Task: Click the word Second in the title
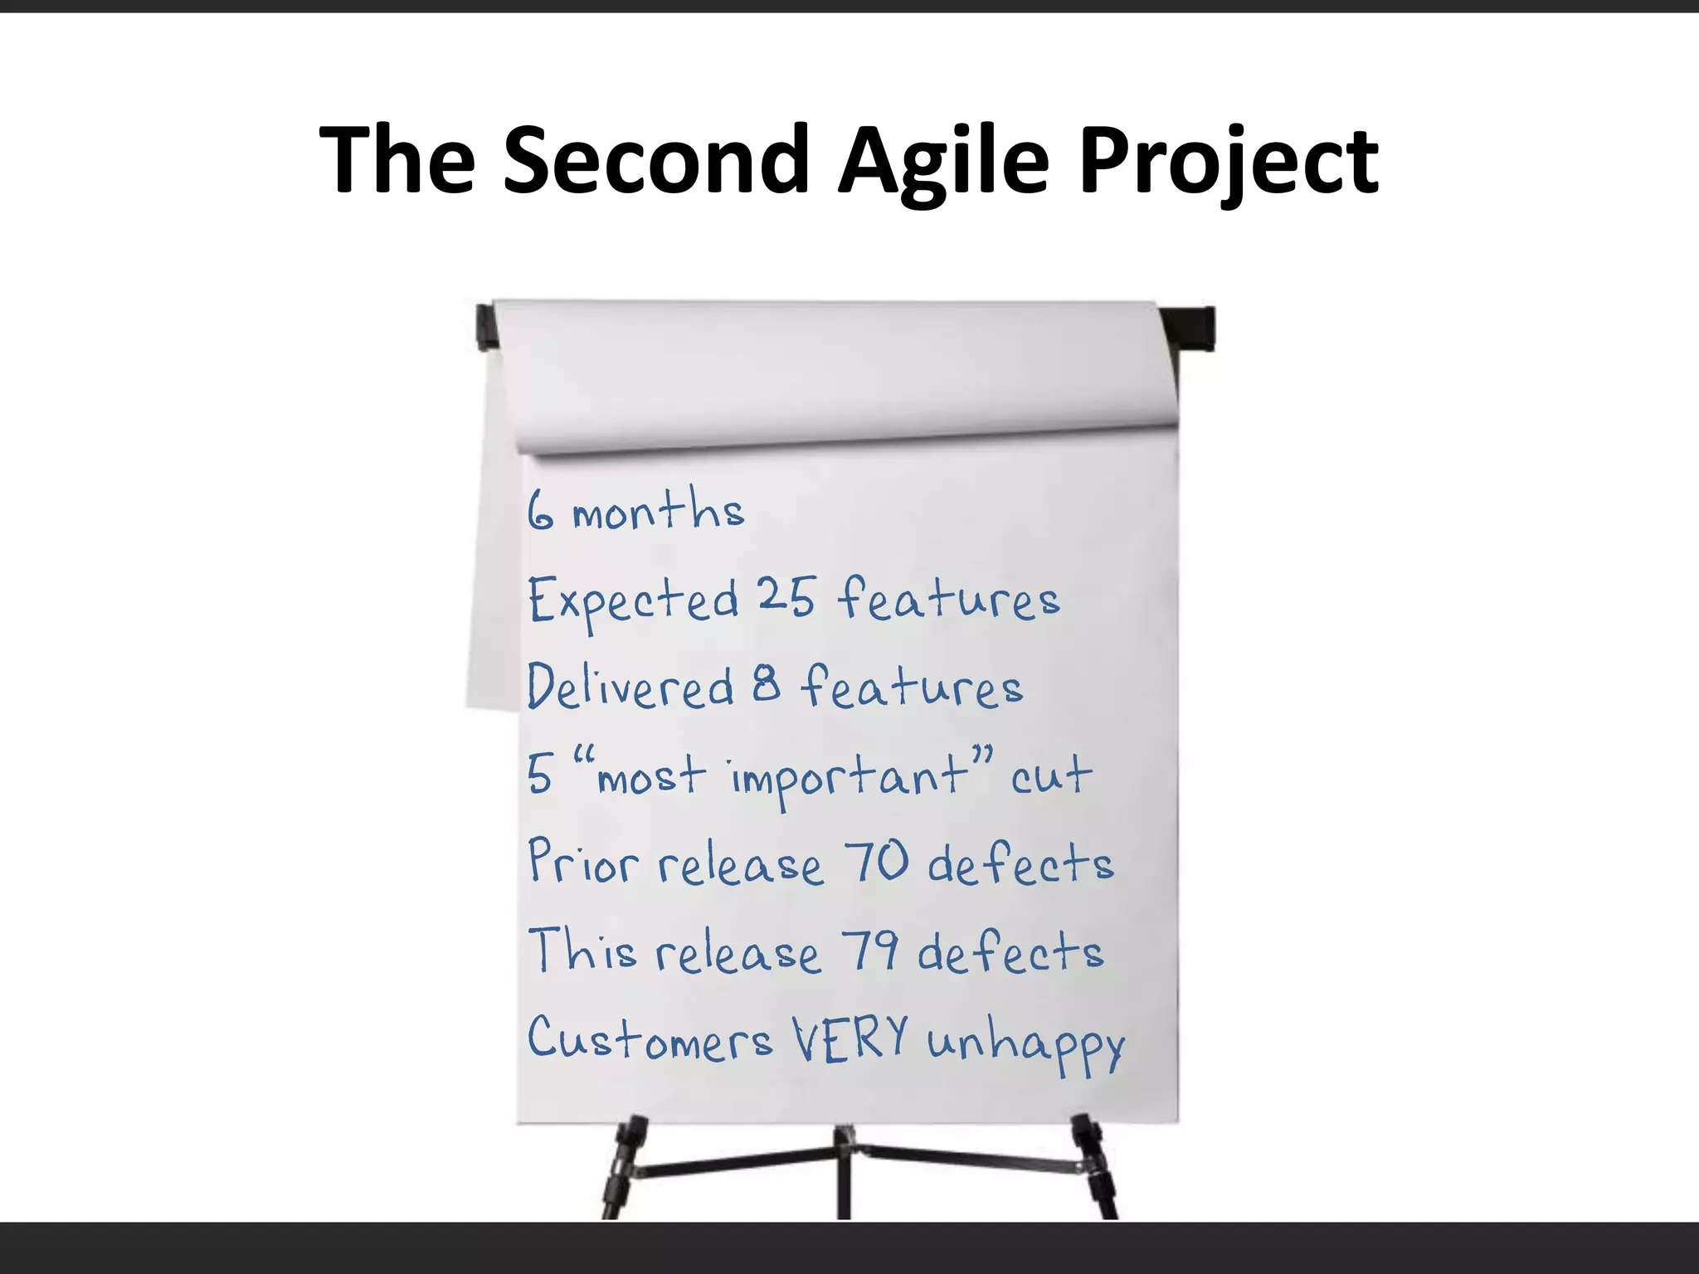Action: [x=655, y=159]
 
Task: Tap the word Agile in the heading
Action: [x=943, y=159]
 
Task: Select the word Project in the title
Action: [x=1228, y=159]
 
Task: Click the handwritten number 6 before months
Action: [x=540, y=509]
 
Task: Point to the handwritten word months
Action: [x=658, y=509]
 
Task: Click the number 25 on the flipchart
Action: [x=786, y=596]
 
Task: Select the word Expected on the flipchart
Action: [x=633, y=600]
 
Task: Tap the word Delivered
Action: [x=630, y=687]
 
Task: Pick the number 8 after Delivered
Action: [x=767, y=685]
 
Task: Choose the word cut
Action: [x=1050, y=776]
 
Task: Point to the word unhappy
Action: [x=1025, y=1043]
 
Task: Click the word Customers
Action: [x=650, y=1038]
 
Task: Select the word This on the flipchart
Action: [x=582, y=951]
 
